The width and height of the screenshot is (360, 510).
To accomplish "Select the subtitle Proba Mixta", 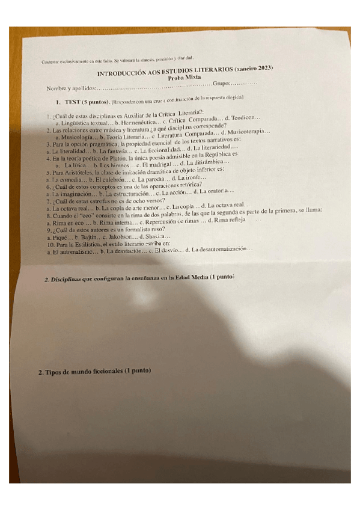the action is point(186,78).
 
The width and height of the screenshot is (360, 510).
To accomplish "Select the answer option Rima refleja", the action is point(230,220).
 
